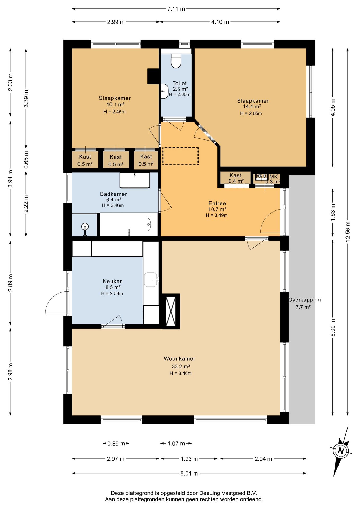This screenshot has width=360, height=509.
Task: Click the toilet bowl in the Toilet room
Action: [x=176, y=61]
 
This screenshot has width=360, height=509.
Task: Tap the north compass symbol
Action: [x=341, y=451]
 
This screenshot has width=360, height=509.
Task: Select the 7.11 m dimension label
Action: [x=176, y=9]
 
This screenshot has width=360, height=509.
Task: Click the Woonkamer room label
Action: [x=179, y=359]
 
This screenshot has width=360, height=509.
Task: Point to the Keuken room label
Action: [x=113, y=281]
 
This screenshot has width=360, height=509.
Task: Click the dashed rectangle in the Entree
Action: [x=180, y=156]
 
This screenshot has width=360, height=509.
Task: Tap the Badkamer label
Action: [x=113, y=194]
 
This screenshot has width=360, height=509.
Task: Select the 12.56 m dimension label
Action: [x=348, y=231]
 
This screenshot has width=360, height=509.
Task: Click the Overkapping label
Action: [x=305, y=300]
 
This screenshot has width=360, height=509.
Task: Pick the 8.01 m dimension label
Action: [x=189, y=473]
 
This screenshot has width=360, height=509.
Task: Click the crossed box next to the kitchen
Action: [x=171, y=311]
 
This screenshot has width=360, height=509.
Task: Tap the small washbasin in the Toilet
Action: [x=165, y=91]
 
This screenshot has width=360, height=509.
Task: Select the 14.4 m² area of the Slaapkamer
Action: [x=252, y=107]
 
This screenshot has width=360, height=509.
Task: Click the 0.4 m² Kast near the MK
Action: [x=236, y=178]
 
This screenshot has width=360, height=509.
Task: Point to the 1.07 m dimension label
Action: [x=176, y=444]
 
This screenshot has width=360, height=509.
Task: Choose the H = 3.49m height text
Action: [x=217, y=216]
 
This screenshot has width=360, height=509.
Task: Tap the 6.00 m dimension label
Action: [x=333, y=328]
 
